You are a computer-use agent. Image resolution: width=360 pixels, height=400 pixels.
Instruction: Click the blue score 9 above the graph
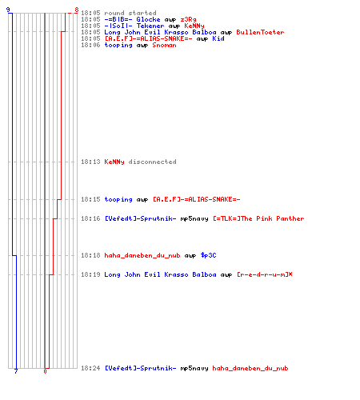[8, 10]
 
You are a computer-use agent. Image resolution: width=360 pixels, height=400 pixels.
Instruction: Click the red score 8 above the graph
[77, 10]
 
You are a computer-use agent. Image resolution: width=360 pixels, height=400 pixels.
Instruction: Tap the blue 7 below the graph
[16, 371]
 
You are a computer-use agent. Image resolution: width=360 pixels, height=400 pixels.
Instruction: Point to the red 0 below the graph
[45, 371]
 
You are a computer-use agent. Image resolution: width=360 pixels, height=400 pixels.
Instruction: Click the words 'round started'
[130, 13]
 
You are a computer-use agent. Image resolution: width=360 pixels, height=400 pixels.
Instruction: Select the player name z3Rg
[188, 19]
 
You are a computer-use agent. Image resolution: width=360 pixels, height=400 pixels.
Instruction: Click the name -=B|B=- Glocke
[132, 19]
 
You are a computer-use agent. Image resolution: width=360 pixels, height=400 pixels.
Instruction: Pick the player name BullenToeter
[260, 32]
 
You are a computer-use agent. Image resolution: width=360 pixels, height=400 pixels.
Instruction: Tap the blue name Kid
[218, 38]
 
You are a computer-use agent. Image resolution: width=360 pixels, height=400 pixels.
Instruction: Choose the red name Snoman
[164, 45]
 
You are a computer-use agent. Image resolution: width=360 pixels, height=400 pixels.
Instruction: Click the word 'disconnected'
[152, 162]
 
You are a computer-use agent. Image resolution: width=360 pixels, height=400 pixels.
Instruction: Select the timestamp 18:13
[90, 162]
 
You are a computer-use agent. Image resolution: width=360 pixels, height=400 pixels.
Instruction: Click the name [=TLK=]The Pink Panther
[258, 218]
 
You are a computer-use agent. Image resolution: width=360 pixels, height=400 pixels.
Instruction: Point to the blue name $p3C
[208, 255]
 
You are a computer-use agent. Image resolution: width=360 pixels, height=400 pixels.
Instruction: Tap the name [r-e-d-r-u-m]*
[265, 274]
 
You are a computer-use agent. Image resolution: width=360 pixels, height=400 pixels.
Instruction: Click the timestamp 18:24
[90, 368]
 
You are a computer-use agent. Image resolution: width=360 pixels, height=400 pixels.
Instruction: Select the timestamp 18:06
[90, 45]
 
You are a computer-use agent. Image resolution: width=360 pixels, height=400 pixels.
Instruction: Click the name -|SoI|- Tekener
[134, 26]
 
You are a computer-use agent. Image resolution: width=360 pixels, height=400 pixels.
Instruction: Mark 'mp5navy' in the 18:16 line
[194, 219]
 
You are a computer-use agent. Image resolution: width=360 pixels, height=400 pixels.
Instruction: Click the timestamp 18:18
[90, 255]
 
